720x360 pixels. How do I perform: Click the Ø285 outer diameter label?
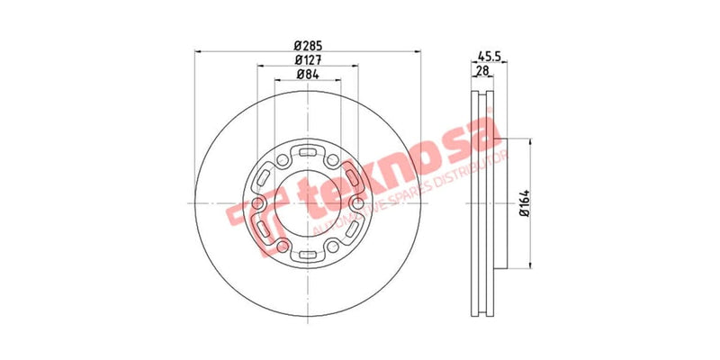click(308, 45)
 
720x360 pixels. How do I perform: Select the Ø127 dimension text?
click(308, 59)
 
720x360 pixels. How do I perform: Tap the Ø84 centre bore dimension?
click(308, 75)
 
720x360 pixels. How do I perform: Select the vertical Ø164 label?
click(521, 205)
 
